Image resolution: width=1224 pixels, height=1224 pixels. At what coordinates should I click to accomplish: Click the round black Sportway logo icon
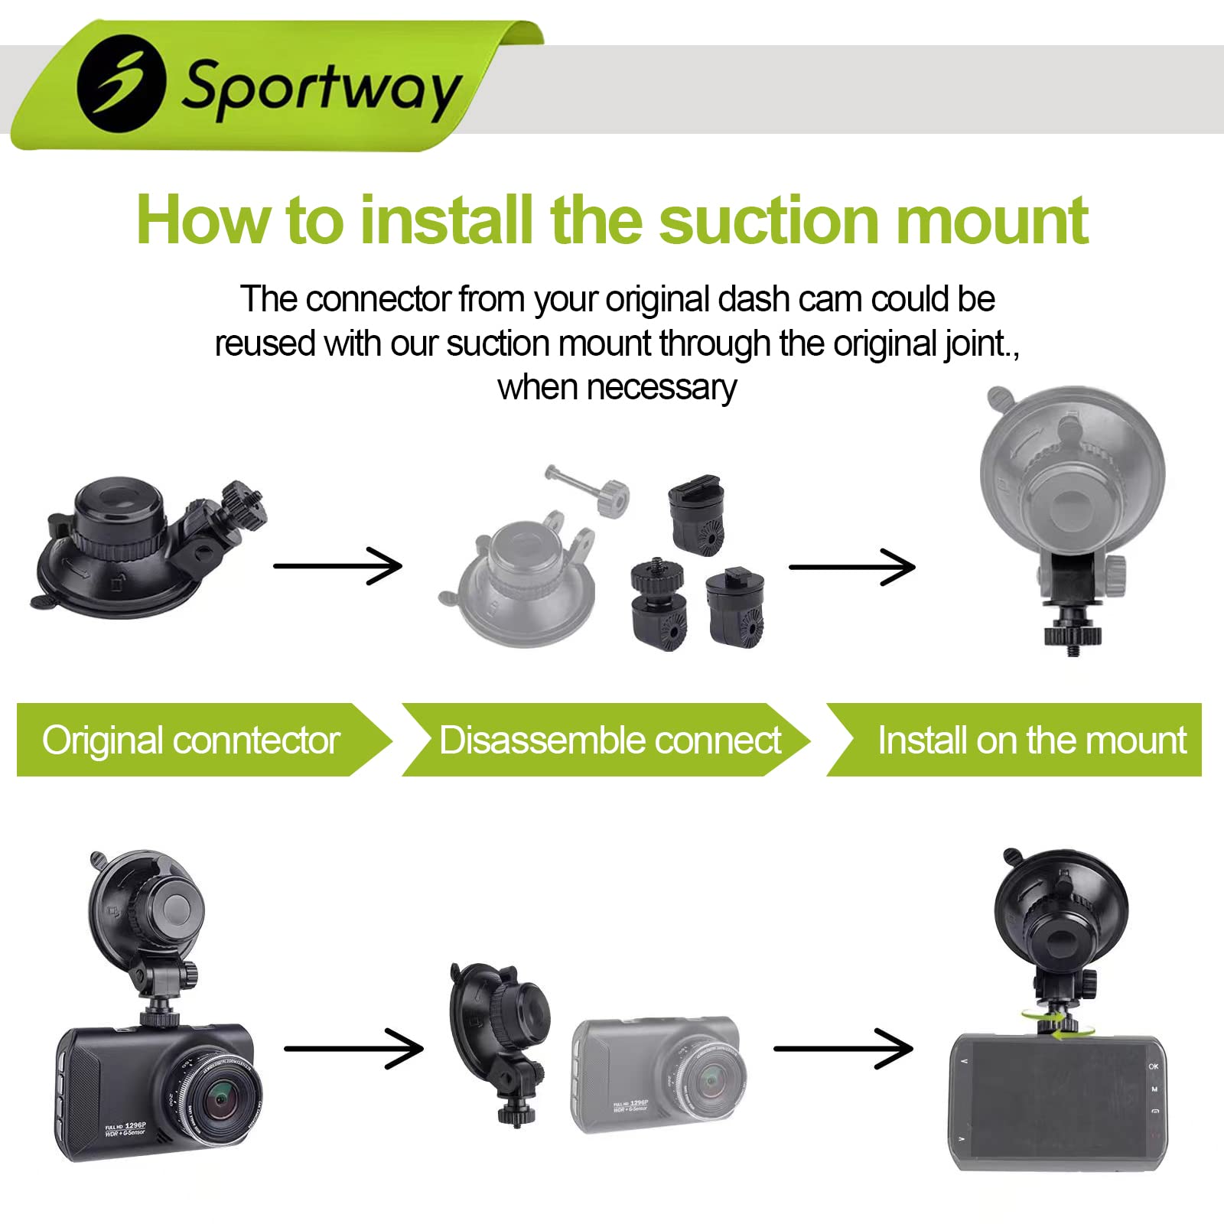(122, 83)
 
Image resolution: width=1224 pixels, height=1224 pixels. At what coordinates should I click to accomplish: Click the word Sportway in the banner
(321, 87)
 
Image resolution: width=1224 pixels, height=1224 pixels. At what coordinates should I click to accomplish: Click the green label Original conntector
(191, 740)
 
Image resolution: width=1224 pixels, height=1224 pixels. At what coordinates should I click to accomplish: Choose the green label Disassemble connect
(610, 740)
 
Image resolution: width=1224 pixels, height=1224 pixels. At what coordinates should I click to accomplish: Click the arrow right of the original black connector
(337, 566)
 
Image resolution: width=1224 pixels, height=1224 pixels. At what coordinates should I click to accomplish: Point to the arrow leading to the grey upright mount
(851, 567)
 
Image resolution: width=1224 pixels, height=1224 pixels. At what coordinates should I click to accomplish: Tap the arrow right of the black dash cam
(353, 1048)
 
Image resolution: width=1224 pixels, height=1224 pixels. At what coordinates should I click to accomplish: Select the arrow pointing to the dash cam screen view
(843, 1048)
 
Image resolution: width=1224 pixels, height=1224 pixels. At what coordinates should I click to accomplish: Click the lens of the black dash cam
(221, 1099)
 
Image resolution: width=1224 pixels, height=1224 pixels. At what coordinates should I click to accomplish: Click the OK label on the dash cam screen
(1153, 1066)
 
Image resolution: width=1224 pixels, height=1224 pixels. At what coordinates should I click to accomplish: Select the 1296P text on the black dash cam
(135, 1125)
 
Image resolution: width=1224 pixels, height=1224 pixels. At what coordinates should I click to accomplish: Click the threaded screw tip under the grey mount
(1073, 649)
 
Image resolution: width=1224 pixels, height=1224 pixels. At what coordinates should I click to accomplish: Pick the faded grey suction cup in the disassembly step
(520, 581)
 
